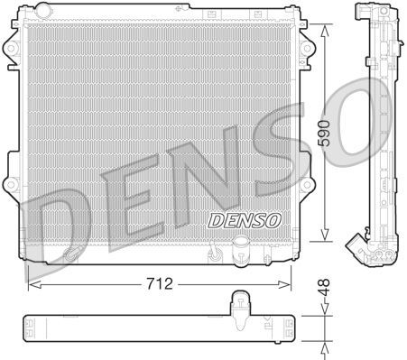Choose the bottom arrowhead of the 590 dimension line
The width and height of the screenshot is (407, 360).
(x=322, y=241)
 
